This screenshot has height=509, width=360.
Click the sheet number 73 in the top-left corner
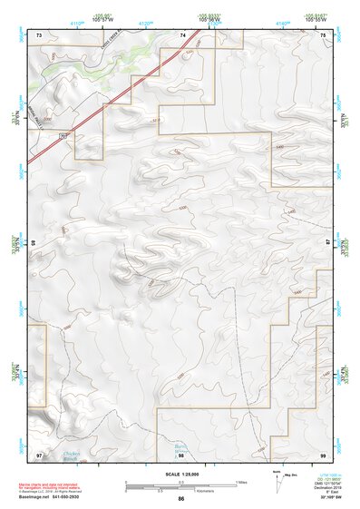[39, 34]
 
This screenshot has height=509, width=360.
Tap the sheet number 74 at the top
[182, 34]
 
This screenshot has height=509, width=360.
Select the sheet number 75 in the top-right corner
[322, 34]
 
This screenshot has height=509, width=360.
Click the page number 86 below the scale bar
[181, 499]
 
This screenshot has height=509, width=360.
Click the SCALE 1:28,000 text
[180, 474]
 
